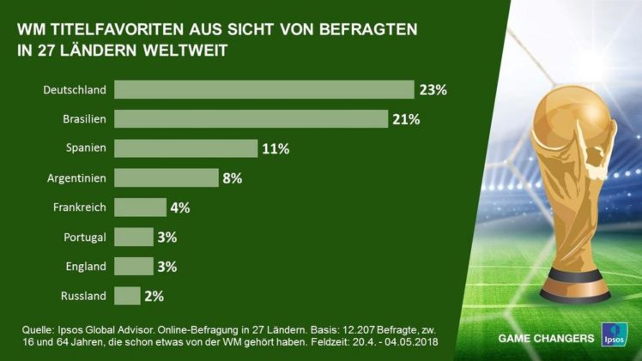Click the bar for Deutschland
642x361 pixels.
click(264, 89)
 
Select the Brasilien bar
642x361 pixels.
click(251, 118)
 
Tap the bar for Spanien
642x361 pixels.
click(185, 148)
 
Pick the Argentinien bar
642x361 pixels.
click(167, 177)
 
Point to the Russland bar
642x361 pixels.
click(127, 296)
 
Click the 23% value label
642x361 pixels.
click(433, 89)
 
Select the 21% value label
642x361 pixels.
click(406, 118)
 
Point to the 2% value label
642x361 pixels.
click(154, 296)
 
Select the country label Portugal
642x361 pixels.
click(85, 237)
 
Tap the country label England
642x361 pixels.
click(87, 266)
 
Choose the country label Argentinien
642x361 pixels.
click(76, 177)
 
